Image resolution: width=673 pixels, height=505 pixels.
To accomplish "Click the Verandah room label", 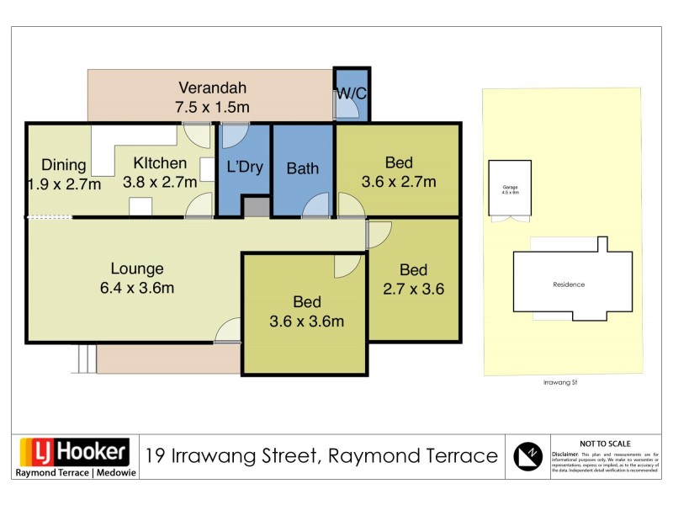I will click(213, 87).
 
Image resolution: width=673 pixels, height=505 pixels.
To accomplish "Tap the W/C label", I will click(352, 94).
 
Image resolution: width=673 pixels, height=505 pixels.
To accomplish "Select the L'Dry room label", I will click(245, 167).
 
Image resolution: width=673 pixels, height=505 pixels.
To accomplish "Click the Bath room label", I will click(303, 168).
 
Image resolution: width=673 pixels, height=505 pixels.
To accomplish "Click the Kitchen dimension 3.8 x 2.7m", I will click(160, 182).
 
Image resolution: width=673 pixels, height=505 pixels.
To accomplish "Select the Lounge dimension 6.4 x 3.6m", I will click(137, 288).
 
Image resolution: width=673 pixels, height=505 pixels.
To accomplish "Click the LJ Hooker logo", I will click(74, 452).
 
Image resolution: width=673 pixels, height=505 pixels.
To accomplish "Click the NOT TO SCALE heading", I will click(606, 444).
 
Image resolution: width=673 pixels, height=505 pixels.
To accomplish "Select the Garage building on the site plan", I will click(510, 186).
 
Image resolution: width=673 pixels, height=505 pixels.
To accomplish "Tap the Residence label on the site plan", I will click(569, 284).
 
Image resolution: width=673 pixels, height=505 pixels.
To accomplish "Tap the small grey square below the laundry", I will click(256, 207).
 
